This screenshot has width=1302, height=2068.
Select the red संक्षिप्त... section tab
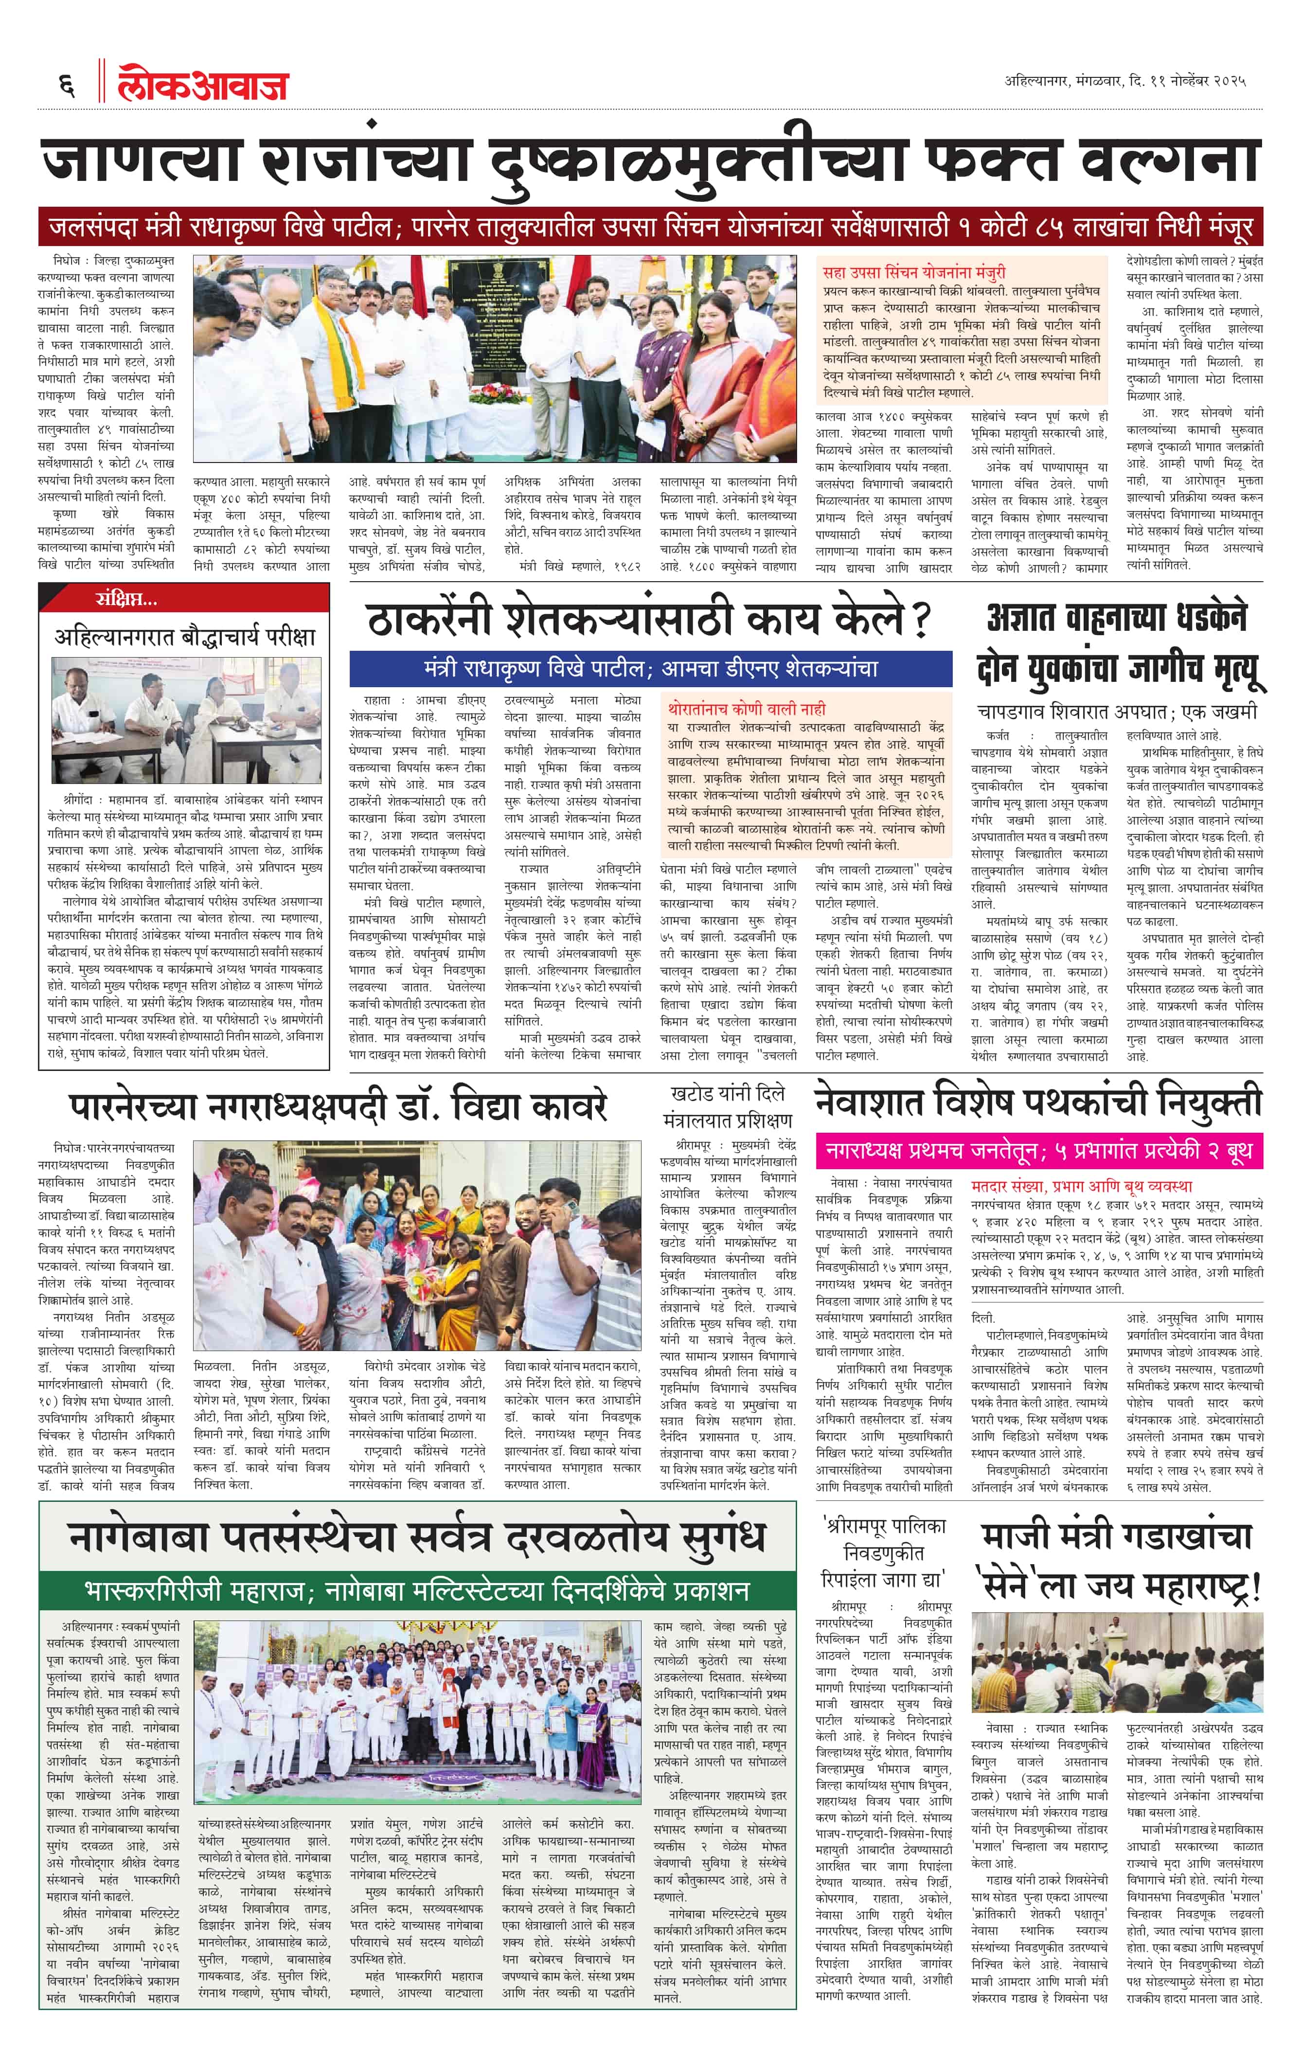(x=126, y=599)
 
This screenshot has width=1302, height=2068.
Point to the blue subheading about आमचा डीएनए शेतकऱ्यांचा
(x=650, y=668)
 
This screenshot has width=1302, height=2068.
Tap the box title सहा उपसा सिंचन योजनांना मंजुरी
(x=914, y=272)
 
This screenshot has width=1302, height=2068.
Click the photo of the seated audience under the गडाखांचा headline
(x=1117, y=1663)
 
